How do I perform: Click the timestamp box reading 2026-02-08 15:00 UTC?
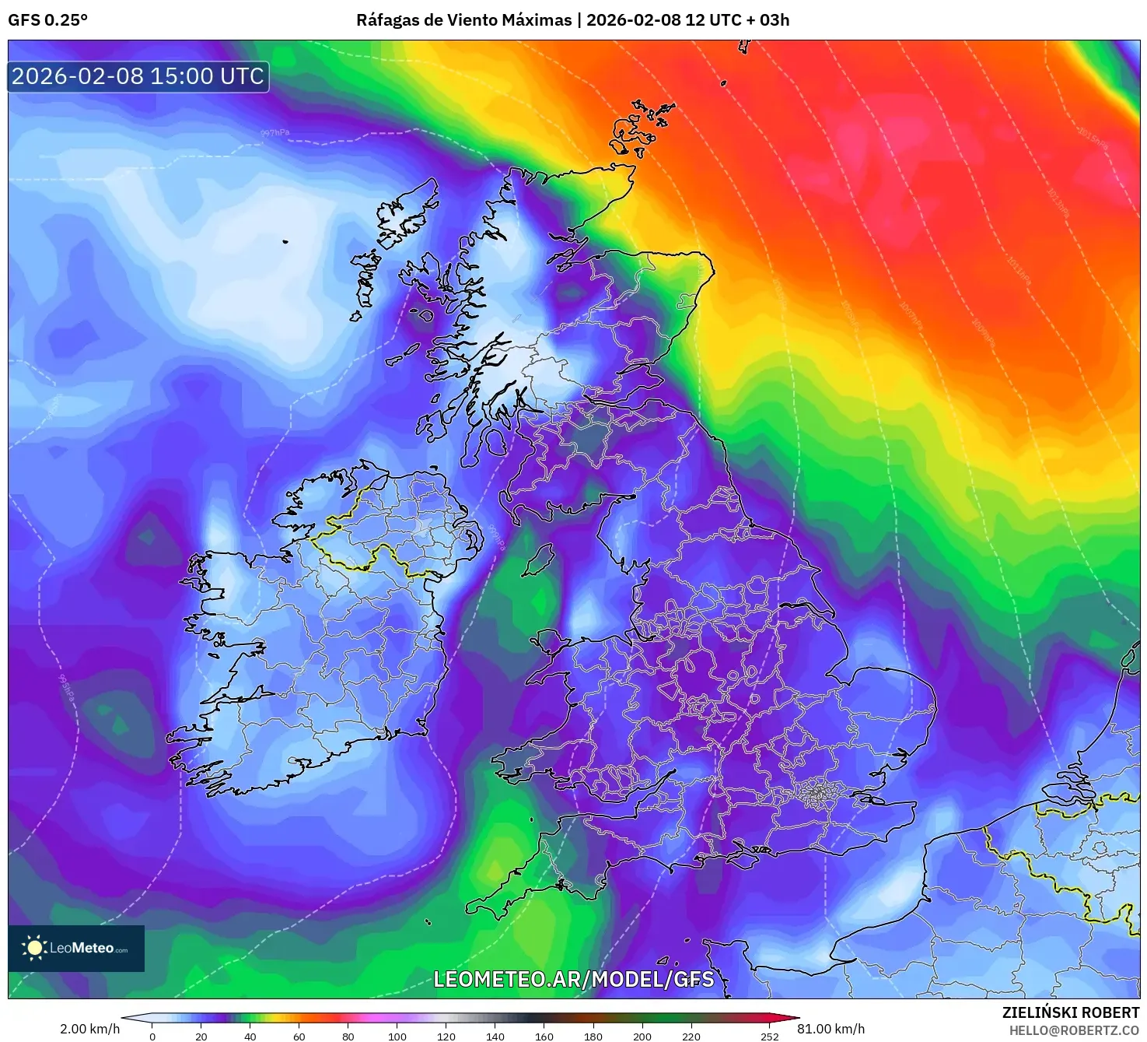pyautogui.click(x=138, y=76)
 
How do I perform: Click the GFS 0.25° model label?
pyautogui.click(x=47, y=20)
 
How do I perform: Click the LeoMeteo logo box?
pyautogui.click(x=76, y=948)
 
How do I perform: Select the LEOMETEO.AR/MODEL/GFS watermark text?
pyautogui.click(x=573, y=979)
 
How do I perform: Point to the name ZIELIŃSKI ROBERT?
pyautogui.click(x=1070, y=1012)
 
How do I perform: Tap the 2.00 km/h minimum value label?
pyautogui.click(x=89, y=1029)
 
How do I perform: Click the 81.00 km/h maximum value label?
pyautogui.click(x=831, y=1029)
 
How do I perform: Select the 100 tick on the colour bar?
pyautogui.click(x=397, y=1036)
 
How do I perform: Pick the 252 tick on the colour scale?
pyautogui.click(x=769, y=1036)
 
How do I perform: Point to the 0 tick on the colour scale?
pyautogui.click(x=152, y=1036)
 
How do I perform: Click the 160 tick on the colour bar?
pyautogui.click(x=544, y=1036)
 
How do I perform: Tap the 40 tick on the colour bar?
pyautogui.click(x=250, y=1036)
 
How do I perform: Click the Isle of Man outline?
pyautogui.click(x=537, y=560)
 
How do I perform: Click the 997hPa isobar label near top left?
pyautogui.click(x=275, y=133)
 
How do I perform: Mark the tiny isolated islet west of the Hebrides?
pyautogui.click(x=285, y=241)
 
